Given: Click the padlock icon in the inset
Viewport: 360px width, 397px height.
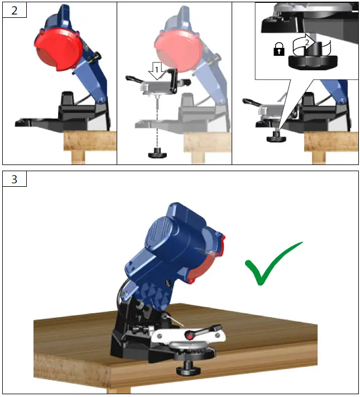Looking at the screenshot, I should [277, 51].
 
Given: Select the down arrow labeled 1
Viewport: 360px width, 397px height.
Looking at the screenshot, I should [157, 72].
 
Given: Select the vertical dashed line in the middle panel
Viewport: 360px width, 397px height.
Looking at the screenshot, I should [158, 123].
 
